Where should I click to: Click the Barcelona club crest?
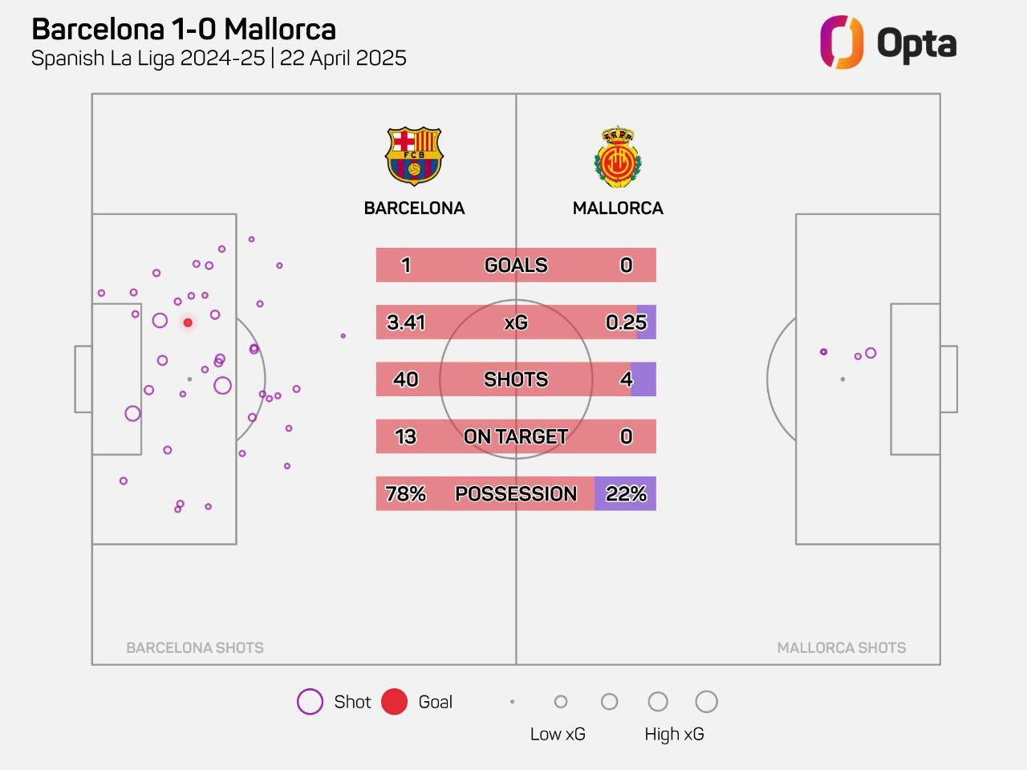[x=414, y=156]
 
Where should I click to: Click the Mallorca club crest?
[x=617, y=156]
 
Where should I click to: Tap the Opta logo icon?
[x=841, y=43]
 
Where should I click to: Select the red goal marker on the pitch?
[x=188, y=322]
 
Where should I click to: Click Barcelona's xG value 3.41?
[x=406, y=322]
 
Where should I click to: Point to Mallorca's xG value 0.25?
[x=626, y=322]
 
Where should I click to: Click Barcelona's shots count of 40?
[x=406, y=379]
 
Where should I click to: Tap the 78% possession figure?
[x=406, y=494]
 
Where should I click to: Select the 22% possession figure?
[x=626, y=494]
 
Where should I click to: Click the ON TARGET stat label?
[x=516, y=437]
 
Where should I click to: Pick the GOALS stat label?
[x=516, y=265]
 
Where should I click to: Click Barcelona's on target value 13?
[x=406, y=437]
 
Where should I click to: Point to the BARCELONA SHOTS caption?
[x=195, y=648]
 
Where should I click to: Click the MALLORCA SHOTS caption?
[x=842, y=648]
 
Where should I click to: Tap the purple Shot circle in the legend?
[x=310, y=702]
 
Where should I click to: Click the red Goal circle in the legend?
[x=394, y=702]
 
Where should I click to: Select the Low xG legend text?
[x=558, y=735]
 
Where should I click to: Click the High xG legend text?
[x=674, y=735]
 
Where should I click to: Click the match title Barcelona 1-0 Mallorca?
[x=184, y=30]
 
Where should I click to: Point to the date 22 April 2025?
[x=343, y=59]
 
